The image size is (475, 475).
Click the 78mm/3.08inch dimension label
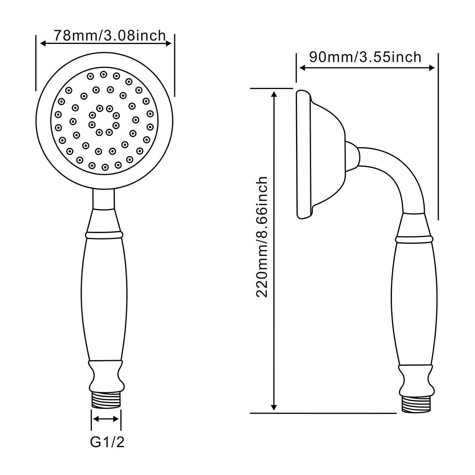[110, 36]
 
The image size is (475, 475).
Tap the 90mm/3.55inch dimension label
[365, 57]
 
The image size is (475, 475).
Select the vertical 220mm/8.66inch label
[262, 237]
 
